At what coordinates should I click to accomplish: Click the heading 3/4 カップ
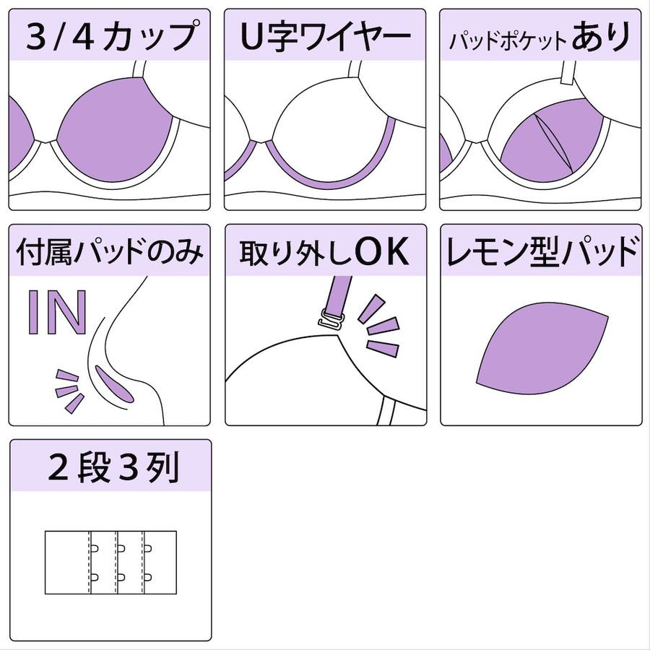[x=111, y=37]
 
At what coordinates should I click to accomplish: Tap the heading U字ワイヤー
[x=326, y=37]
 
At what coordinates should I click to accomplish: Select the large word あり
[x=602, y=37]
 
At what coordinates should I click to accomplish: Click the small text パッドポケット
[x=508, y=40]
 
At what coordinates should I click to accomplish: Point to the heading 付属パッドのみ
[x=110, y=251]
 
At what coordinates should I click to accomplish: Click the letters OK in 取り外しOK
[x=382, y=251]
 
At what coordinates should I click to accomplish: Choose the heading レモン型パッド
[x=542, y=251]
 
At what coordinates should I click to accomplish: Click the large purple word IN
[x=57, y=313]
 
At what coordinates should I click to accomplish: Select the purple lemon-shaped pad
[x=542, y=348]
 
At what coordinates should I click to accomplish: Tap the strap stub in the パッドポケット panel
[x=569, y=74]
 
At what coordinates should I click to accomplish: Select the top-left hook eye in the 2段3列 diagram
[x=94, y=548]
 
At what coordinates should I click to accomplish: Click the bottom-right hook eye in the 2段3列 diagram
[x=148, y=576]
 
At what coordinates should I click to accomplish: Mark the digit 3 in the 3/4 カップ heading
[x=38, y=37]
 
